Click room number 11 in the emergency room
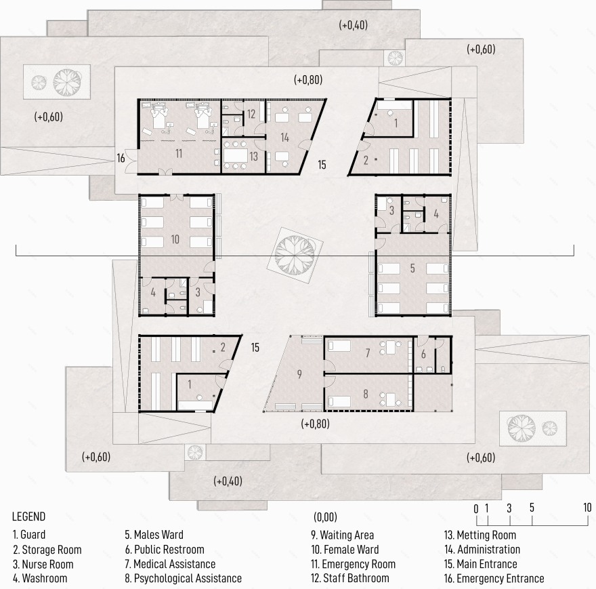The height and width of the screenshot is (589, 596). tap(179, 153)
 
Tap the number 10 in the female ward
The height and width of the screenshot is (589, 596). tap(175, 239)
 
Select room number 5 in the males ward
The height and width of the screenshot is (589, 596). tap(412, 268)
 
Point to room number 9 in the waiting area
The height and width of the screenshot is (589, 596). tap(299, 374)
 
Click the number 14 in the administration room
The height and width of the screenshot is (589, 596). tap(284, 138)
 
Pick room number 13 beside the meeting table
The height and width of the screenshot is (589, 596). tap(253, 156)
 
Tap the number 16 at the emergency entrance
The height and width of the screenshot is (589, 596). tap(121, 158)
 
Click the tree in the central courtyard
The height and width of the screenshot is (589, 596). tap(295, 255)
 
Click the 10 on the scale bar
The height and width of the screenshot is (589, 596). tap(587, 507)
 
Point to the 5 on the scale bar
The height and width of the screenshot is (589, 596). tap(532, 507)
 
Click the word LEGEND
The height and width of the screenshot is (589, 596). tap(29, 516)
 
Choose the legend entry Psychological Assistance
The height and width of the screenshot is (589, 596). tap(184, 578)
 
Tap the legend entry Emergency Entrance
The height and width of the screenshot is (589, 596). tap(494, 578)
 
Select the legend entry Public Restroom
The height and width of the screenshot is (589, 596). tap(165, 550)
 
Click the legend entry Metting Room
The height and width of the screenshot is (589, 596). tap(480, 535)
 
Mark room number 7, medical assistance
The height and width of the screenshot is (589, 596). tap(368, 353)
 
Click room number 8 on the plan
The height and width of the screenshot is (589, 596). tap(366, 394)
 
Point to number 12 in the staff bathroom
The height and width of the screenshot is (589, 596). tap(251, 114)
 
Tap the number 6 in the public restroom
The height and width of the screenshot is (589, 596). tap(423, 354)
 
